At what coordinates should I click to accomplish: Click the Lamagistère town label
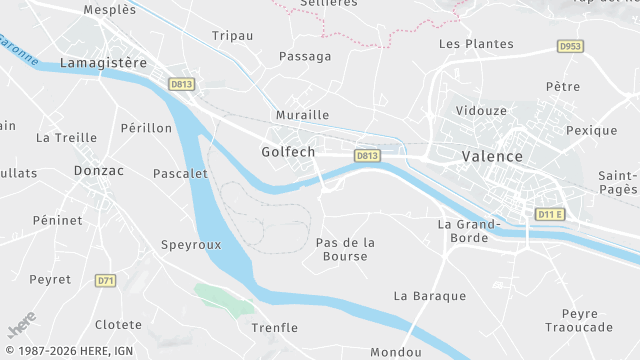coord(103,63)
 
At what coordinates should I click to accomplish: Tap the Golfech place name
coord(287,152)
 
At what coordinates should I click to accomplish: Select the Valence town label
coord(492,157)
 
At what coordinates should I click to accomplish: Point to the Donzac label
coord(99,171)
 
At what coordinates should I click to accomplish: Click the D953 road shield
coord(570,46)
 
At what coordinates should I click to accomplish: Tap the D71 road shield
coord(105,281)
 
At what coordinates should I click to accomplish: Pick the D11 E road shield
coord(550,214)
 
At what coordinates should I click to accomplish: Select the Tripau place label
coord(232,36)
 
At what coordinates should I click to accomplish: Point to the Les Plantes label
coord(476,44)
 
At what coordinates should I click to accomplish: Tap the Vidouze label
coord(480,110)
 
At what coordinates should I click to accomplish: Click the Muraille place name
coord(302,115)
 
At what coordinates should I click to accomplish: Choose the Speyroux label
coord(191,243)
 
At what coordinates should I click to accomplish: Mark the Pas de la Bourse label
coord(345,249)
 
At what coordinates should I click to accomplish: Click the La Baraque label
coord(430,296)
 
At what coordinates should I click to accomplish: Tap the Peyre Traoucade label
coord(579,320)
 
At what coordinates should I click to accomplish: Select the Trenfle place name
coord(275,328)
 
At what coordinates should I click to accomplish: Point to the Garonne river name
coord(19,51)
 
